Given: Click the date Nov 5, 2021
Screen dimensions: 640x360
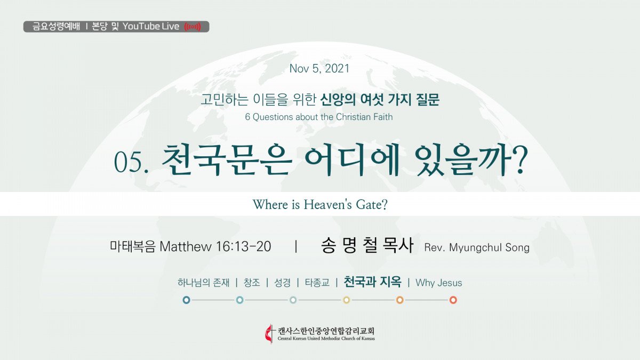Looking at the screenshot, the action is click(319, 69).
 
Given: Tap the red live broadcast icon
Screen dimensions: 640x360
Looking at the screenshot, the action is click(193, 27).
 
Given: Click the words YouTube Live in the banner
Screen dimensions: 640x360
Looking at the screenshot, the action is click(151, 27).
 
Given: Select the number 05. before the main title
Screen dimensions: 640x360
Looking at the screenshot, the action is click(131, 162).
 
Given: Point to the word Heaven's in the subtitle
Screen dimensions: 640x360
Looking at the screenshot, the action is click(327, 205).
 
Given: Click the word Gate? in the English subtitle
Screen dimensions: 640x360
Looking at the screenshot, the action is click(371, 205).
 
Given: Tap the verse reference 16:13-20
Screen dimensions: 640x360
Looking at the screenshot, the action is click(243, 246).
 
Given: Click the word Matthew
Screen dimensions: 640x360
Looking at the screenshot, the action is click(186, 247).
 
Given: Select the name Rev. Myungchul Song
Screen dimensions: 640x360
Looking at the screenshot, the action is click(477, 247).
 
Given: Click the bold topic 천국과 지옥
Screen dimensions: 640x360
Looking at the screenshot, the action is click(372, 282).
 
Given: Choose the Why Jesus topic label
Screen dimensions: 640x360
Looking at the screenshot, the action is click(438, 283).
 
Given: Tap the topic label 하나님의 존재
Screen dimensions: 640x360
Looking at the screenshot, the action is click(203, 283).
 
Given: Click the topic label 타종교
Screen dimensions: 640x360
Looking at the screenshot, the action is click(317, 283).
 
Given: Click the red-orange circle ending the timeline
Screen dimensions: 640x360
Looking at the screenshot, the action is click(453, 300).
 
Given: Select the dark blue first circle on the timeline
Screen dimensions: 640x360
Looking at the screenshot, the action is click(186, 300).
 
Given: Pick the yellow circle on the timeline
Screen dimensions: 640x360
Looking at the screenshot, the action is click(346, 300).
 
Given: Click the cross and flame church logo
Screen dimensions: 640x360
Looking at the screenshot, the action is click(269, 333).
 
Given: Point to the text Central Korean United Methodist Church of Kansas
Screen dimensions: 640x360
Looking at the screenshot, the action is click(326, 339).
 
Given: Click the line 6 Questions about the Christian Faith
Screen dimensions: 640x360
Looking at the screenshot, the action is click(319, 117).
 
